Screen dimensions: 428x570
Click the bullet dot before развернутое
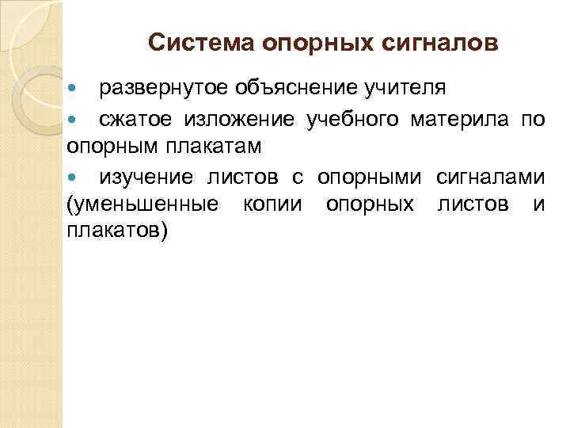click(74, 86)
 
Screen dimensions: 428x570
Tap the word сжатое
click(137, 120)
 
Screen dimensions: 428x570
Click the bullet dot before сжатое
click(74, 120)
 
